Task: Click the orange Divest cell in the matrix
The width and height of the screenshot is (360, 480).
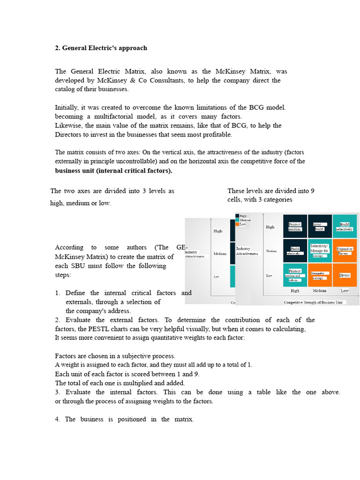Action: (x=345, y=275)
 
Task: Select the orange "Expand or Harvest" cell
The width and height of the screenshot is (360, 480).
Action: (x=345, y=251)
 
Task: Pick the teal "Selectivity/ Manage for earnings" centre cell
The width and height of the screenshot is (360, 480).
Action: (x=320, y=251)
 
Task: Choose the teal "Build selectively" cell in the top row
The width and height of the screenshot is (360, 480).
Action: (x=345, y=226)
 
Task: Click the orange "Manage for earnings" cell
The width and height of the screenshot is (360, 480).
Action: (x=320, y=275)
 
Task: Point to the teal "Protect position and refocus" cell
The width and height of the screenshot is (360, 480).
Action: (x=295, y=275)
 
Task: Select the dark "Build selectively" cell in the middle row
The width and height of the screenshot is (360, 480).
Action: (x=295, y=251)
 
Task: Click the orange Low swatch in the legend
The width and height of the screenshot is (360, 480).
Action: (x=237, y=224)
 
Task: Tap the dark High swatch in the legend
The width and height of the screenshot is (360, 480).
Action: (x=237, y=216)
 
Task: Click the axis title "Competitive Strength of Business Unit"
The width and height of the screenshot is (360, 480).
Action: (x=313, y=302)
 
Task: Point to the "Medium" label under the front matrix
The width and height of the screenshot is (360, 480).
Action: (x=320, y=291)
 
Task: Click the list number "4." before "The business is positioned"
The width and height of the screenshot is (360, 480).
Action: (x=57, y=419)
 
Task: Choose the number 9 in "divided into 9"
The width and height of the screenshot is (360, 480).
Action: (x=312, y=191)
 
